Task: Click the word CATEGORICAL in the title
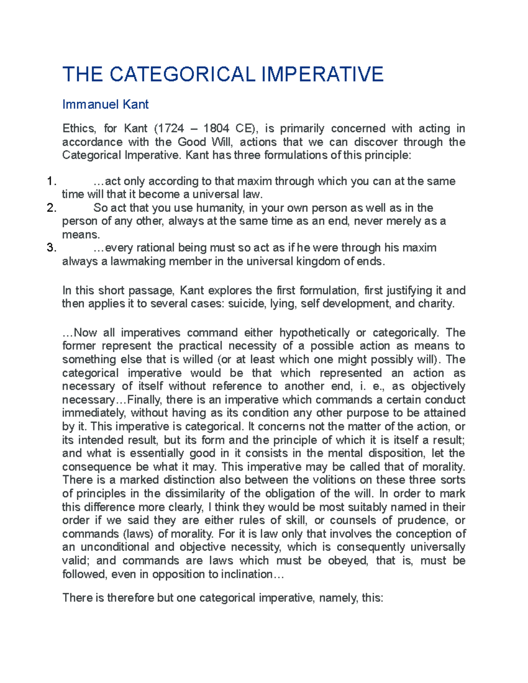click(x=182, y=74)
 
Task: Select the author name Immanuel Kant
click(x=105, y=104)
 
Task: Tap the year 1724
click(x=172, y=128)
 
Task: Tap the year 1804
click(x=216, y=128)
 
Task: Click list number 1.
click(x=51, y=181)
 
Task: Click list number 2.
click(x=51, y=208)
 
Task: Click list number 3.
click(x=51, y=248)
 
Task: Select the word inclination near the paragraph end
click(x=246, y=574)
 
